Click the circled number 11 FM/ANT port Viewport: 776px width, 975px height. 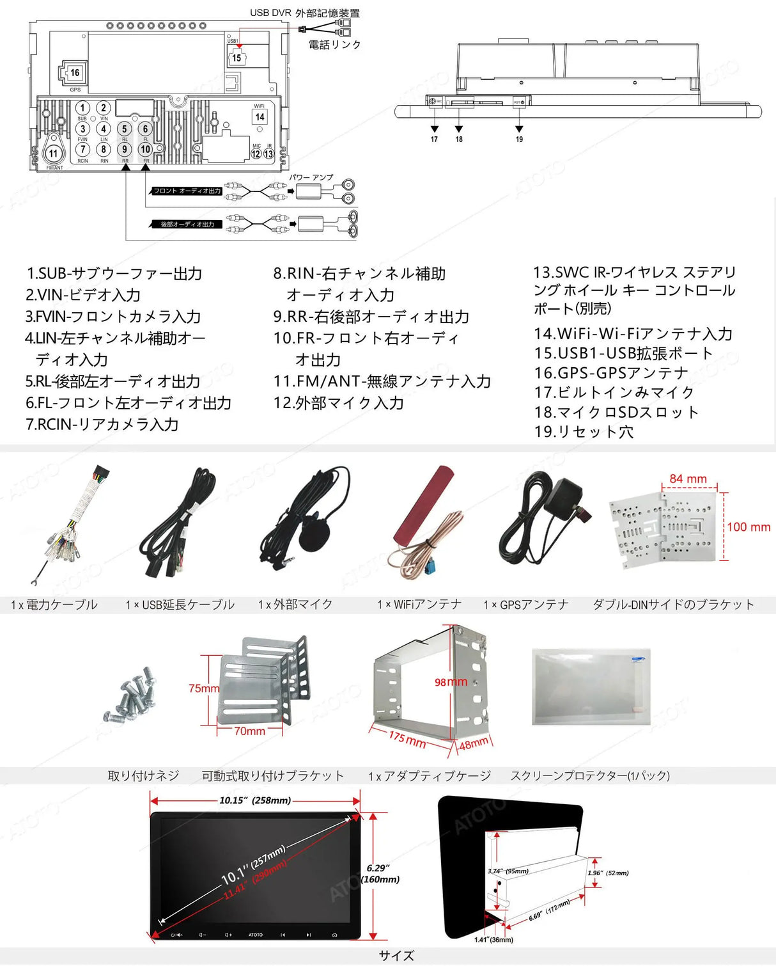coord(54,153)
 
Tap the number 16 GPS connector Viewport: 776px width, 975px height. coord(75,73)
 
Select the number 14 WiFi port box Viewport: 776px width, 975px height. coord(260,117)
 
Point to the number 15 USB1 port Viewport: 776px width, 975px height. coord(237,58)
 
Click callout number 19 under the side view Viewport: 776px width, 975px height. coord(519,139)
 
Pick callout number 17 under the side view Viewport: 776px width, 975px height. coord(434,139)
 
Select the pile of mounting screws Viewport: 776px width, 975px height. coord(131,694)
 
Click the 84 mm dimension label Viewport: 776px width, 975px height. coord(688,479)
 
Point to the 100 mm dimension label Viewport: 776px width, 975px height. coord(749,527)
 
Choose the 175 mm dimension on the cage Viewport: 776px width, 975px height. coord(407,739)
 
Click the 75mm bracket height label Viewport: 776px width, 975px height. coord(203,688)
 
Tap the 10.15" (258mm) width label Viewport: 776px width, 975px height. coord(254,800)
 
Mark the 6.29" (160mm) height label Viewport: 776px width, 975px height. coord(381,873)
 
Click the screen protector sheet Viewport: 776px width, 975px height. coord(591,686)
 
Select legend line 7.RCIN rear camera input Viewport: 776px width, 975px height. coord(102,424)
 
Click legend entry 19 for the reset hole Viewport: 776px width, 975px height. coord(584,432)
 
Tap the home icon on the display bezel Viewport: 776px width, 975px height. coord(334,935)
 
